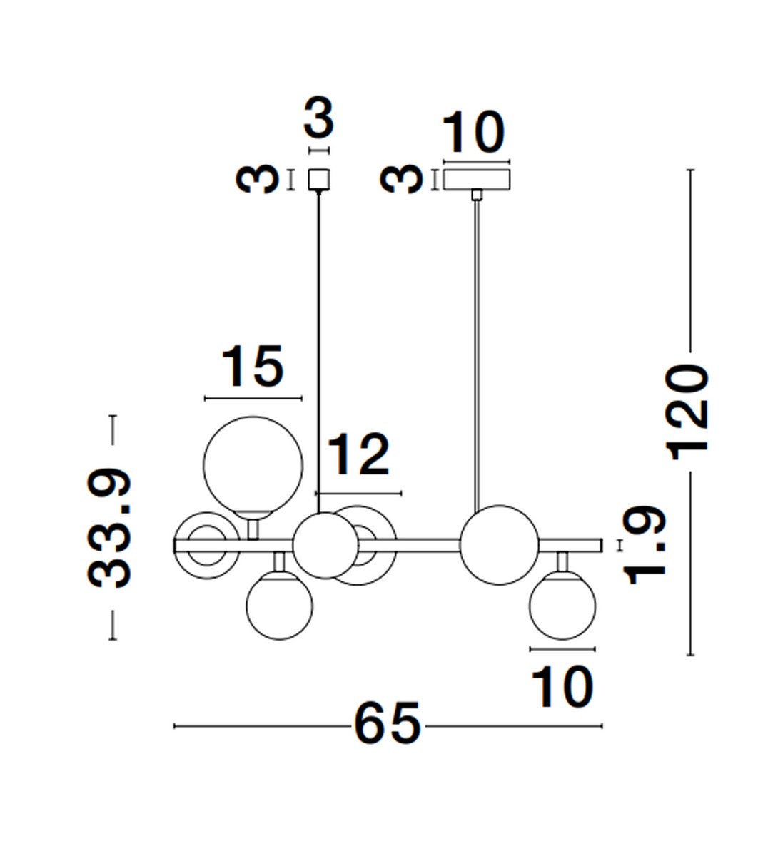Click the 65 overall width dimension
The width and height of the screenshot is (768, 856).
388,725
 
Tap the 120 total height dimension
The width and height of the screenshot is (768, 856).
687,410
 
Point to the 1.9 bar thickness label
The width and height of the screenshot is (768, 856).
647,546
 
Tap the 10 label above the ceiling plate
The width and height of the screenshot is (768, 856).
473,133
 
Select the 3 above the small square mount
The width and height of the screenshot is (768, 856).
318,119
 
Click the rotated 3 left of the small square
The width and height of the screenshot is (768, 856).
258,179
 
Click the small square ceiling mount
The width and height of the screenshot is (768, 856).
318,179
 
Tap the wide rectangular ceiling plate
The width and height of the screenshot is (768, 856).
477,178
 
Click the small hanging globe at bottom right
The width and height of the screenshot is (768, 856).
562,606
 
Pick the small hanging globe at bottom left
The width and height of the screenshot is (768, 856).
279,606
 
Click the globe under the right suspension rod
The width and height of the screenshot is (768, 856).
499,545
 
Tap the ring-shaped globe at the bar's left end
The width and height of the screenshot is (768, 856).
204,545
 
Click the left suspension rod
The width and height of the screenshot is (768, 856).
318,342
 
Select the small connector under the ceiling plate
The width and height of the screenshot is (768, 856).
477,195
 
